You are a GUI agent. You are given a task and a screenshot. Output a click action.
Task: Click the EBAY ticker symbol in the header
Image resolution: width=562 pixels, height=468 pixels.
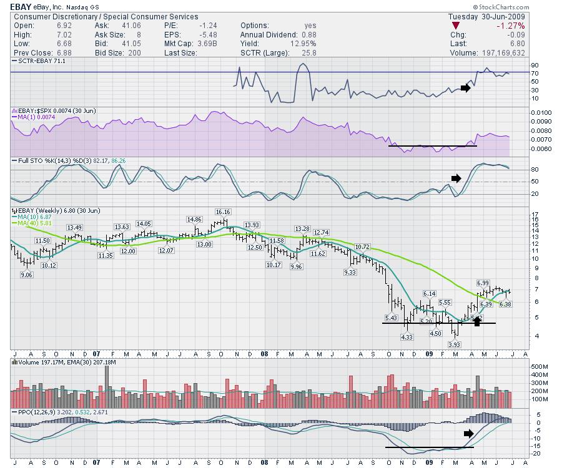click(21, 6)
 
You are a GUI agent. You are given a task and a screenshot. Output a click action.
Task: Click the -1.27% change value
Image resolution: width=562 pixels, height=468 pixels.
click(510, 26)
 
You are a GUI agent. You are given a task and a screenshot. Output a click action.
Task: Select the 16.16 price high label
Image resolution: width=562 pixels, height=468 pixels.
click(223, 212)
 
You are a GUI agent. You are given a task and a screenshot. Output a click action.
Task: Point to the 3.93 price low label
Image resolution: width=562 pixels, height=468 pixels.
click(455, 344)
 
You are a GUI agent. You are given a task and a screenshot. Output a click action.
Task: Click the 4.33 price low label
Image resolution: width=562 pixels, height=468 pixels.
click(407, 337)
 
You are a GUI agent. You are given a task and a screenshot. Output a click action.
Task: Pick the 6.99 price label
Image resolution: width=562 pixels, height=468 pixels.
click(483, 283)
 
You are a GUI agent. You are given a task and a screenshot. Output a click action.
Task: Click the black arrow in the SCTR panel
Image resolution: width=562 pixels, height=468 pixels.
click(465, 88)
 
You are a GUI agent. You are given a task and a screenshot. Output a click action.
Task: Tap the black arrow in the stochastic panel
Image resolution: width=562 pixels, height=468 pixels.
click(456, 178)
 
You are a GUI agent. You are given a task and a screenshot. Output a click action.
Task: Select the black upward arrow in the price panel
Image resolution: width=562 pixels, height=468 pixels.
click(478, 321)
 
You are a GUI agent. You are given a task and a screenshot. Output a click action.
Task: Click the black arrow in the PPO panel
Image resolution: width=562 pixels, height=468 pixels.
click(469, 433)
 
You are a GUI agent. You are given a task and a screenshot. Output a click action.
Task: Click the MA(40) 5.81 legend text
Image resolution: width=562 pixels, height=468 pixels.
click(32, 223)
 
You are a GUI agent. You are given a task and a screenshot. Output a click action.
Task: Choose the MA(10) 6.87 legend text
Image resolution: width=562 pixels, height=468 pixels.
click(32, 217)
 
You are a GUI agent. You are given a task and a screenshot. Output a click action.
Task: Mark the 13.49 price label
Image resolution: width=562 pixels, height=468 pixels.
click(74, 227)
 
